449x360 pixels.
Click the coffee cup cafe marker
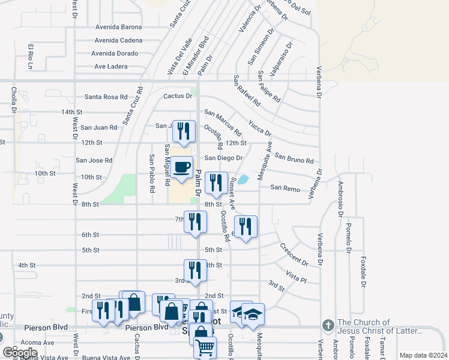181,168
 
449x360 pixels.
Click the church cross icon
328,325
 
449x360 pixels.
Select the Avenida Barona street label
118,27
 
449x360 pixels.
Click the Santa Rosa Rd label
106,97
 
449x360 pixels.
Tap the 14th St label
71,112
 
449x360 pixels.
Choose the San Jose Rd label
94,161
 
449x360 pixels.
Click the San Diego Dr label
223,158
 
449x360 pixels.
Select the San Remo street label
285,188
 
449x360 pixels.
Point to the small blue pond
243,179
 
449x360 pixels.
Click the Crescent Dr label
294,254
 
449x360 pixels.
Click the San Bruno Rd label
294,158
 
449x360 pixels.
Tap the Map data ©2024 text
423,355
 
